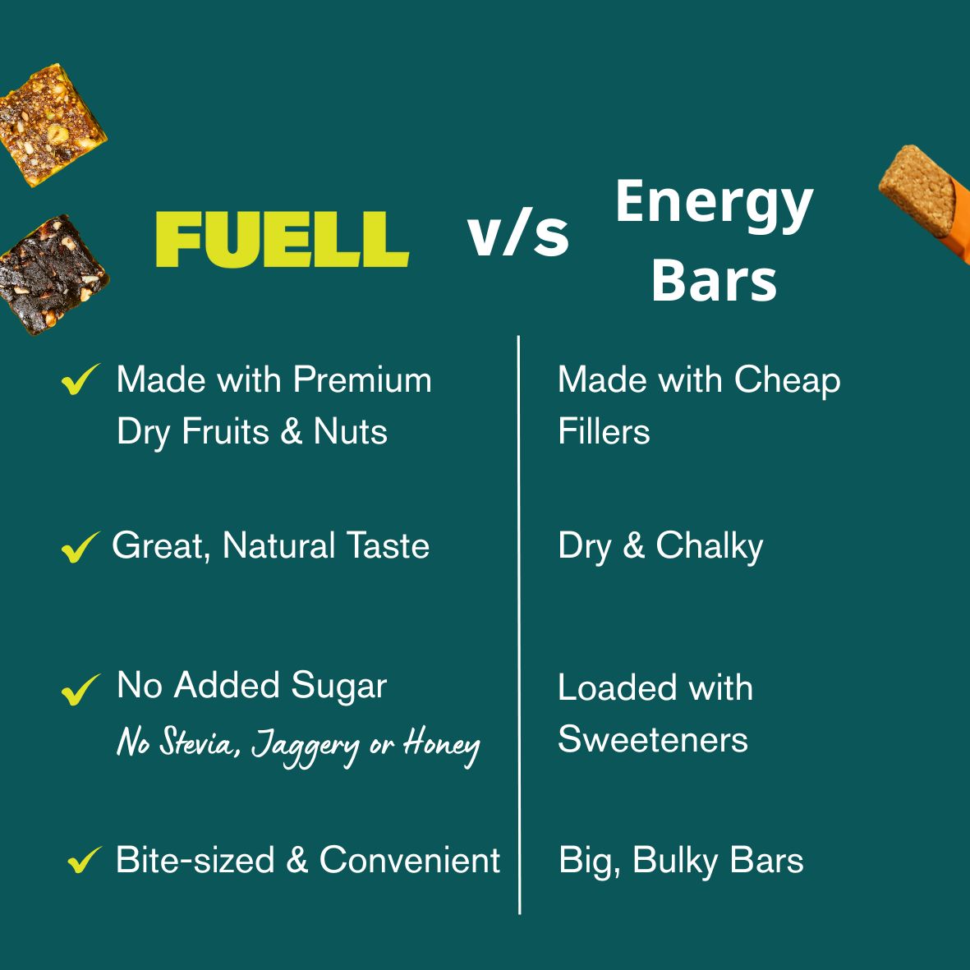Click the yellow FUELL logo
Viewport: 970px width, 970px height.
click(x=282, y=240)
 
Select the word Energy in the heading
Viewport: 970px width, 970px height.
click(x=714, y=205)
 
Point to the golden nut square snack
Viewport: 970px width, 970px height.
click(x=52, y=125)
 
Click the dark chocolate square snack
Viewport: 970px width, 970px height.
click(x=53, y=274)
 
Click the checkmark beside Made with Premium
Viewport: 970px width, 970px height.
click(x=80, y=379)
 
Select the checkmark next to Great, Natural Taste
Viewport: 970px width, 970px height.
click(x=80, y=547)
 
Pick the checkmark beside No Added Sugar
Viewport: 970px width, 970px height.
click(x=80, y=689)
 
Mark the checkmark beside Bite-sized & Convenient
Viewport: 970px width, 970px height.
click(x=85, y=859)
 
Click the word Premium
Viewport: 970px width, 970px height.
click(x=362, y=379)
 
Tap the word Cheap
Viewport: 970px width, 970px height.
click(x=787, y=380)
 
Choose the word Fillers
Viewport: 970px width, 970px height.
click(x=604, y=431)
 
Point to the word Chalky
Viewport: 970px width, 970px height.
click(x=710, y=547)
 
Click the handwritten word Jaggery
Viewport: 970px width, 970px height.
click(x=305, y=747)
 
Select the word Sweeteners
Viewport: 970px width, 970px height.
click(x=653, y=739)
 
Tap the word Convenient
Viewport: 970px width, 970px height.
click(x=410, y=860)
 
